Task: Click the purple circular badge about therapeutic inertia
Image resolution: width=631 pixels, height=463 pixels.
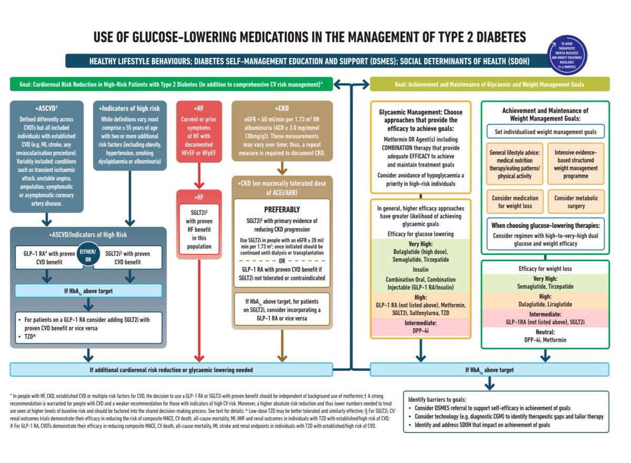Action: pos(567,55)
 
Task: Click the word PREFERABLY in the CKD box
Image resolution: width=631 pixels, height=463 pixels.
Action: pos(282,209)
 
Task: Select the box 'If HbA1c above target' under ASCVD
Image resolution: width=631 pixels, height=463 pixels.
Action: pos(88,290)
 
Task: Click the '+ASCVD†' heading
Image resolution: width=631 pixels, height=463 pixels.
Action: pos(46,108)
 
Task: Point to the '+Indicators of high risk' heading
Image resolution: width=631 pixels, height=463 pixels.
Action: pos(129,108)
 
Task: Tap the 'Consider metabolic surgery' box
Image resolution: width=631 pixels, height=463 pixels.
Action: pos(576,202)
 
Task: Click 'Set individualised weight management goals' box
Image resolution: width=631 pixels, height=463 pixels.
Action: pos(544,131)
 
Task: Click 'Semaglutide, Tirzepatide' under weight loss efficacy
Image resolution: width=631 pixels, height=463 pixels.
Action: pos(545,287)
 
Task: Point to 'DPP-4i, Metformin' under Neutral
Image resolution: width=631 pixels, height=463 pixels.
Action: pos(545,340)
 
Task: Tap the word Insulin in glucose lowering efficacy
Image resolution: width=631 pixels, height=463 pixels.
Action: pos(421,269)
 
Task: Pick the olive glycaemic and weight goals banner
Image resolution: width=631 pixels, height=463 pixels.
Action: pos(490,84)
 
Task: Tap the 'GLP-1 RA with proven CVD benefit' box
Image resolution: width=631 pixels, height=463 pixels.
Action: pos(47,258)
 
